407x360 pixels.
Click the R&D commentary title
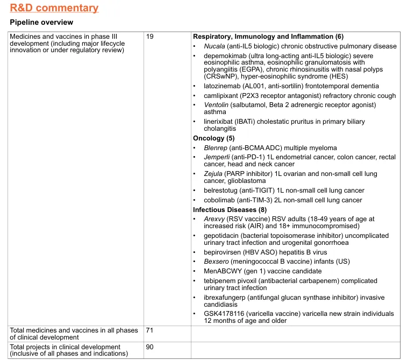54,8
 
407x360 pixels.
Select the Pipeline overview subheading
41,23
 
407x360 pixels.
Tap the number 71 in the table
150,330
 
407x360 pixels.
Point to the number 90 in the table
150,347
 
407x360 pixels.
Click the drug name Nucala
215,46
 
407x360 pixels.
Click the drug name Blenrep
216,148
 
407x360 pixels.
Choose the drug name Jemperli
217,157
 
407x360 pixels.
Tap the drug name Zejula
213,174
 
